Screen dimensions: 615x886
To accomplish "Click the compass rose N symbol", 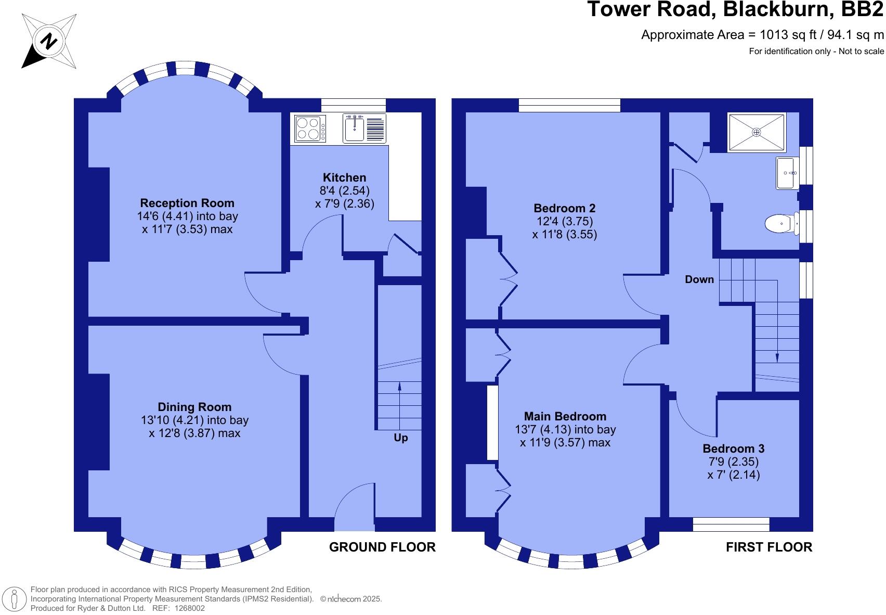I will coord(49,41).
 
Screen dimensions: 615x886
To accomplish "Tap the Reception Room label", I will coord(187,203).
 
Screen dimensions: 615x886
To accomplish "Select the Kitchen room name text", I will coord(344,177).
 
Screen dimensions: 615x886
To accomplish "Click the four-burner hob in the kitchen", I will coord(310,129).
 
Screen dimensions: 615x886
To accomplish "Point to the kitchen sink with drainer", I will coord(364,128).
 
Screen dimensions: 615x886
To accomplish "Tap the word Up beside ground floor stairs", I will coord(400,438).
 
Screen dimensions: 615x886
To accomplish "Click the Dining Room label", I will coord(194,407).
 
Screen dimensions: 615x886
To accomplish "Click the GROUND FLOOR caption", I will coord(382,547).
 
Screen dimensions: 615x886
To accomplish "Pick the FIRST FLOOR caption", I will coord(768,547).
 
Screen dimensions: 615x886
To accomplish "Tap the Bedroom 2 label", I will coord(564,208).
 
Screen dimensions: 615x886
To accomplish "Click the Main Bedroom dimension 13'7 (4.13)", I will coord(565,429).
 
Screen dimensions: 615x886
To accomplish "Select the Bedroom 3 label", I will coord(733,449).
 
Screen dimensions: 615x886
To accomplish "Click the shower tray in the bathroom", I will coord(756,132).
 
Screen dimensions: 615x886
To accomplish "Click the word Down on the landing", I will coord(699,279).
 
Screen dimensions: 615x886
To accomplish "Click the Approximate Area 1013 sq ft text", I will coord(762,35).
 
